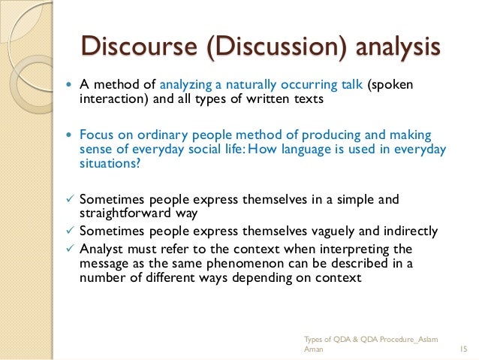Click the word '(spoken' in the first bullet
(x=390, y=84)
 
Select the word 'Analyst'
(x=99, y=248)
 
